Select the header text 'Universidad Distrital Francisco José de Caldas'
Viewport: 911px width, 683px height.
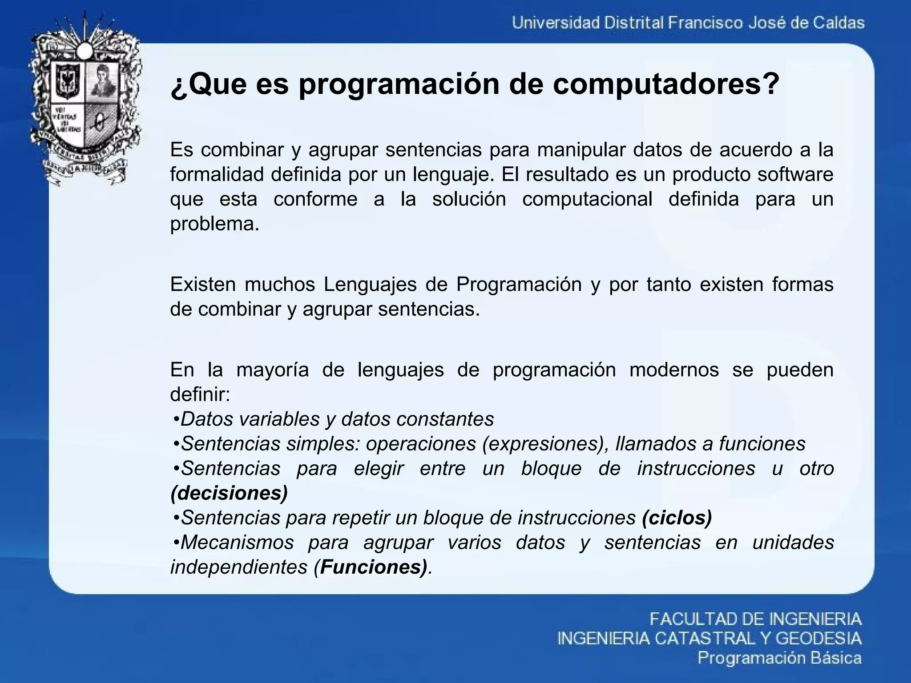click(x=688, y=23)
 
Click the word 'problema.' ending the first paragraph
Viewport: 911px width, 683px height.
click(x=214, y=224)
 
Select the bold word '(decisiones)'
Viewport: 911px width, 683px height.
click(x=229, y=493)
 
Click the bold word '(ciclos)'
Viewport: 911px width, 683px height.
click(x=677, y=517)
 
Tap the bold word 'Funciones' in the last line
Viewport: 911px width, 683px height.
click(x=371, y=567)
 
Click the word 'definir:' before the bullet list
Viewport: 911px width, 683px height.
click(x=200, y=394)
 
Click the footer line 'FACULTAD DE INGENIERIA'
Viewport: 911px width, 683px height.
click(x=755, y=619)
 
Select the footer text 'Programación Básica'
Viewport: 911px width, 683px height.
click(x=779, y=658)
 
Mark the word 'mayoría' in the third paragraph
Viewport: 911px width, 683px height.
click(x=272, y=370)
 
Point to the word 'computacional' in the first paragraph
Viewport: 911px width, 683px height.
click(x=587, y=199)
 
